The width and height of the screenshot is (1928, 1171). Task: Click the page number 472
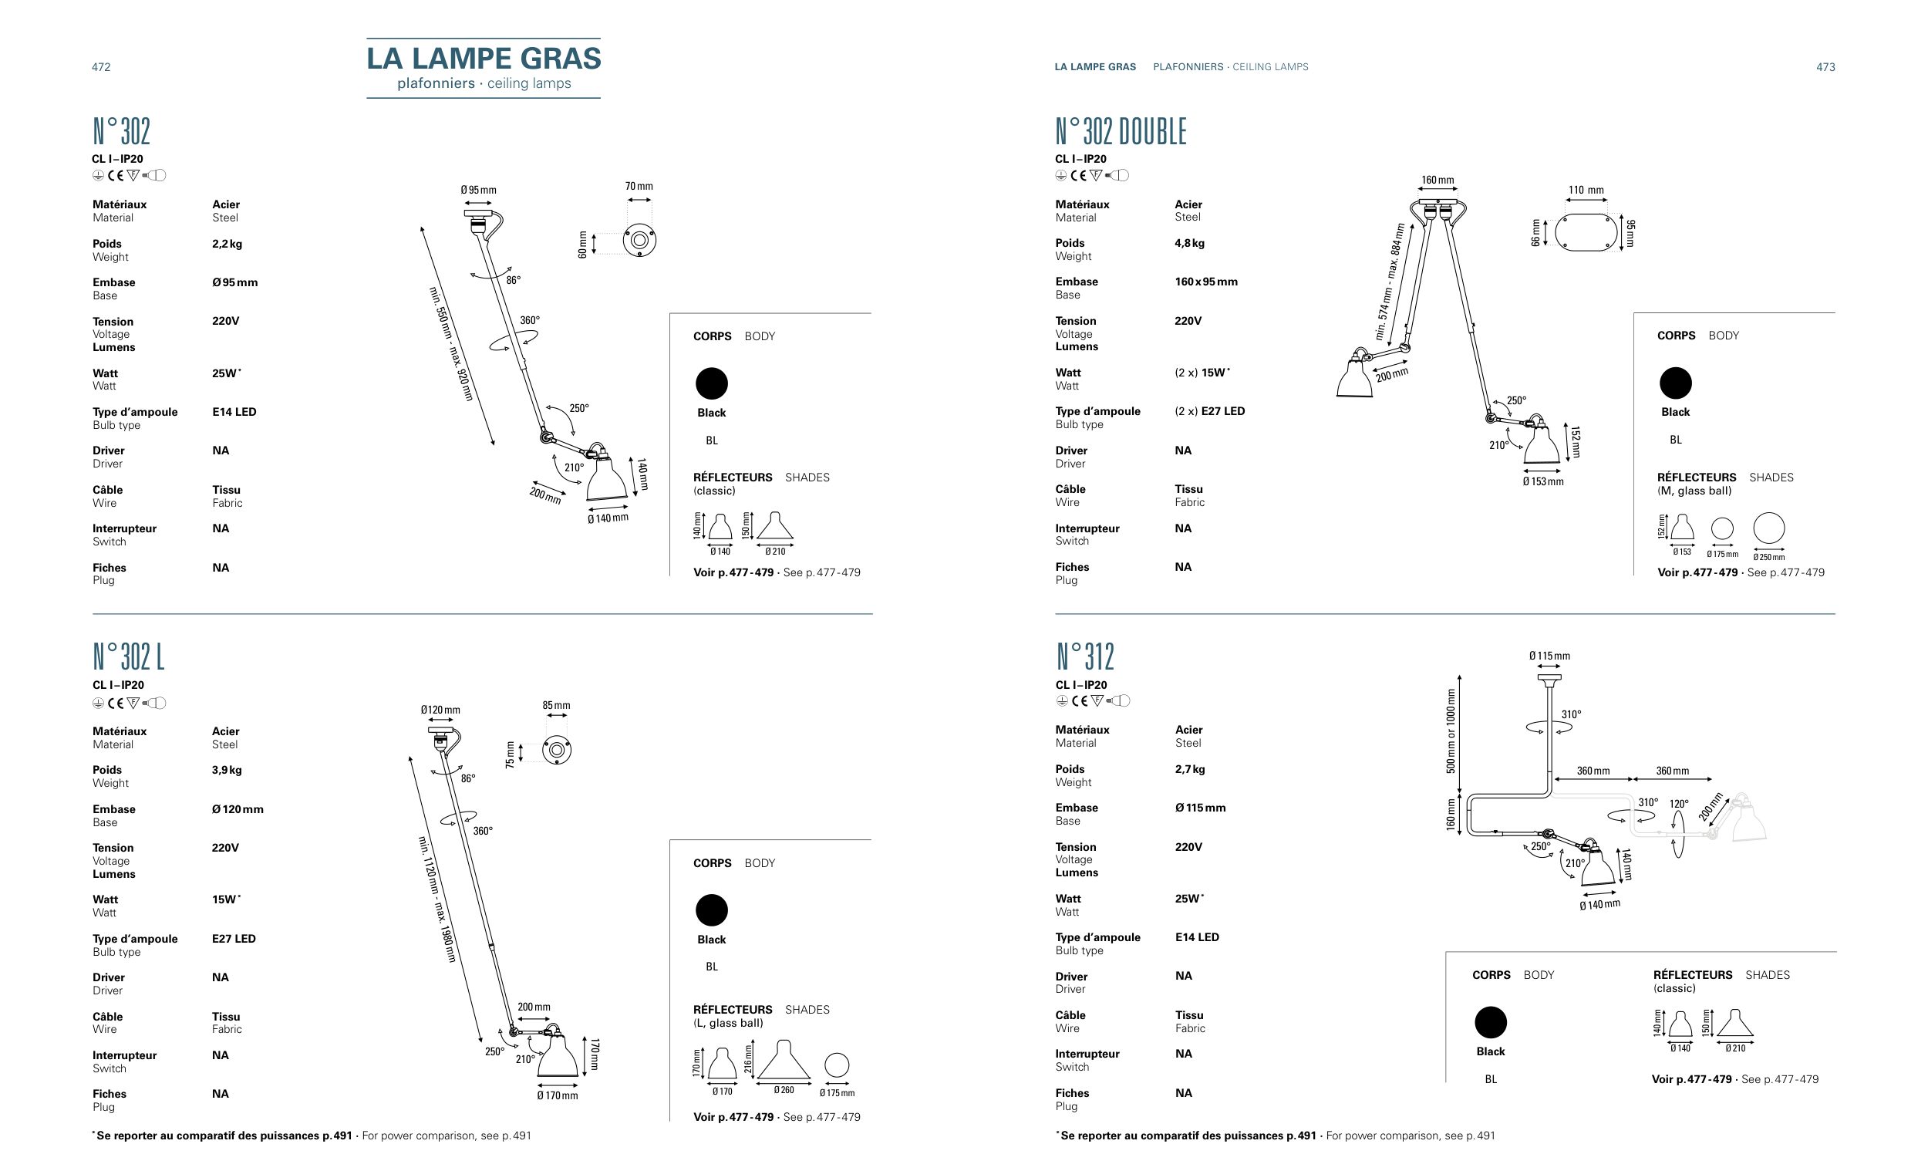click(101, 67)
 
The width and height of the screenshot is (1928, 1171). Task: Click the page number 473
click(1825, 67)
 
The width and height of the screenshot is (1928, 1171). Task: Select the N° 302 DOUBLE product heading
click(1121, 131)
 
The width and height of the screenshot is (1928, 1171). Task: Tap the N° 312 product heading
click(1084, 656)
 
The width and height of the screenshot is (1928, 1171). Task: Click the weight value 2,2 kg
click(227, 244)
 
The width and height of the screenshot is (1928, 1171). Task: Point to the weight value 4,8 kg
click(1189, 243)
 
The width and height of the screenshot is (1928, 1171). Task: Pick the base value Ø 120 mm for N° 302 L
click(237, 809)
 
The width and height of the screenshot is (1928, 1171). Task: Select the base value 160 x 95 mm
click(1206, 282)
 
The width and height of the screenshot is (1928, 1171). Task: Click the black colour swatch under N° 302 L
click(711, 910)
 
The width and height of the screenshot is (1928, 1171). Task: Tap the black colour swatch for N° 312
click(1491, 1022)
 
